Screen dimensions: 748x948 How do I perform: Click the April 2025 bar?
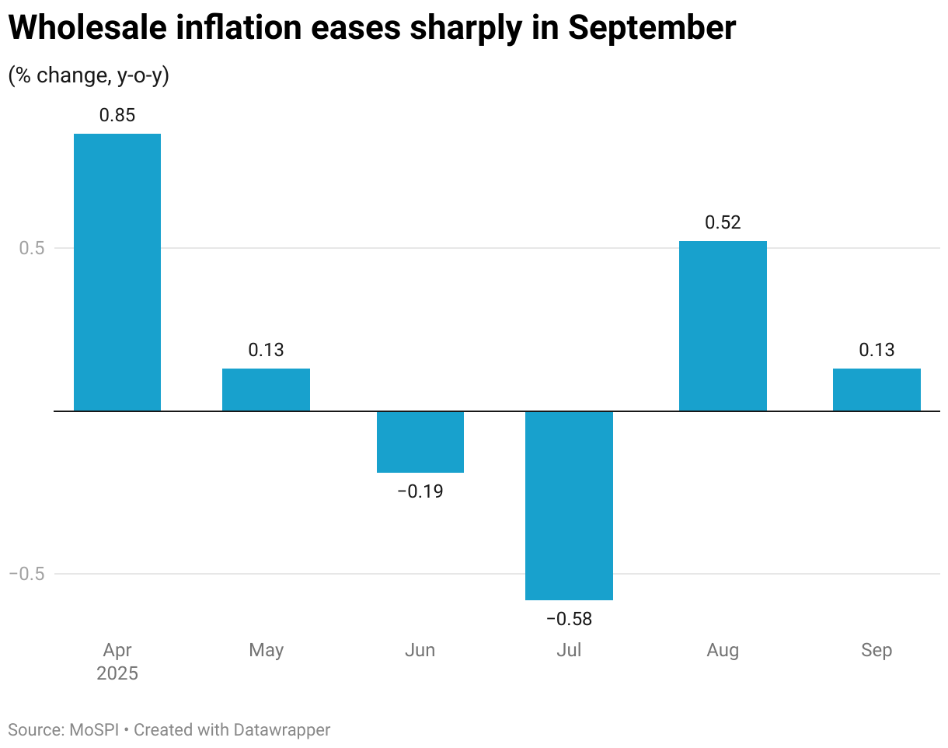[117, 272]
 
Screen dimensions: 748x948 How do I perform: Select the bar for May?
[266, 390]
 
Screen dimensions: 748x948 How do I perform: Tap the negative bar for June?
[420, 442]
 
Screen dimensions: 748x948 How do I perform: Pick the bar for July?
[569, 505]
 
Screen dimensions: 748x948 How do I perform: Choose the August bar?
[723, 326]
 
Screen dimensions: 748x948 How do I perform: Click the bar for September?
[877, 390]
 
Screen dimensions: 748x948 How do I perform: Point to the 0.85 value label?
[117, 116]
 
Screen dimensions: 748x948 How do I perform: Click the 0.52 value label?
[723, 222]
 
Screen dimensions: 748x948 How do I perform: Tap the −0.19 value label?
[420, 491]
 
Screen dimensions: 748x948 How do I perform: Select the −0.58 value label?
[569, 619]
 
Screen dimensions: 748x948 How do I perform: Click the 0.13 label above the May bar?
[266, 350]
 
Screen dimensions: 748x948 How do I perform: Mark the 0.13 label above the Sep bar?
[877, 350]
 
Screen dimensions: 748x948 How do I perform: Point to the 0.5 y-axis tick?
[32, 248]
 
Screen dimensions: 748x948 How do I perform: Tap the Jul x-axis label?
[569, 650]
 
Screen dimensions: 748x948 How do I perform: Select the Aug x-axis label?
[723, 650]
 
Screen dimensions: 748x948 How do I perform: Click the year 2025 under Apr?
[117, 673]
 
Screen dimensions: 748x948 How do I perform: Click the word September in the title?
[651, 29]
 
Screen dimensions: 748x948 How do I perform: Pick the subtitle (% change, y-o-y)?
[89, 75]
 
